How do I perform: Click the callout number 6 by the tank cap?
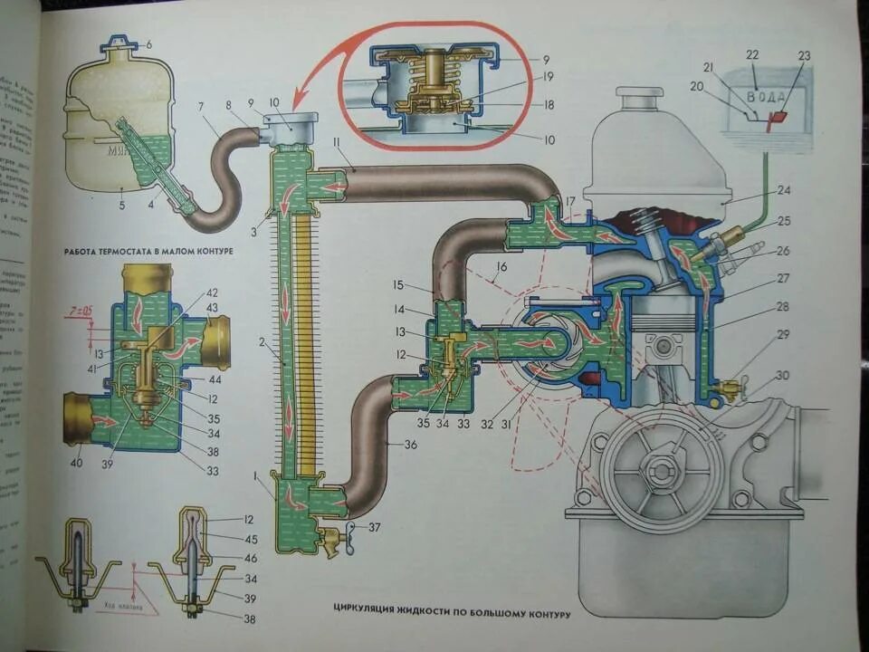pos(149,44)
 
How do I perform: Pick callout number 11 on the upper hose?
pos(335,144)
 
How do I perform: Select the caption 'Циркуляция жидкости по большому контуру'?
pos(451,613)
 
